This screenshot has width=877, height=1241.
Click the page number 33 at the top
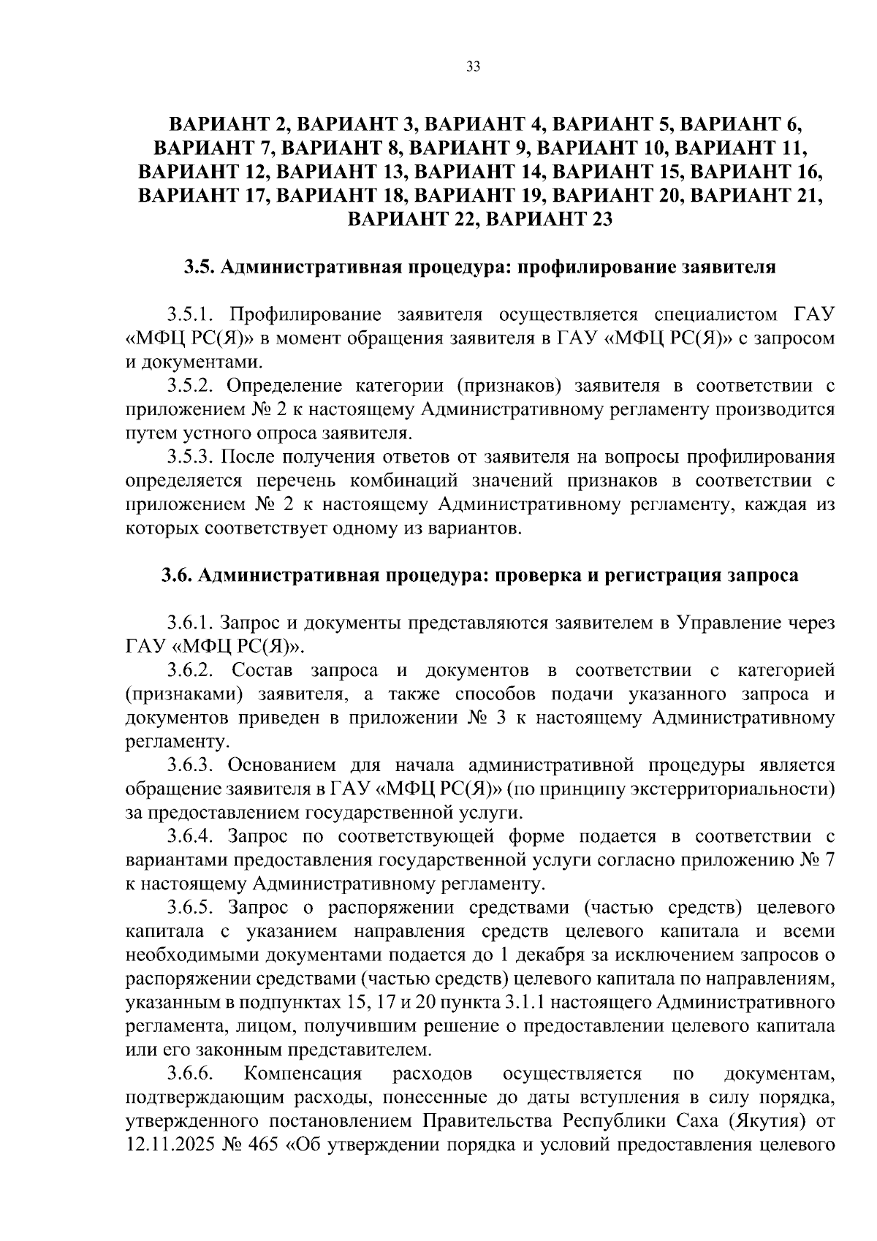pyautogui.click(x=473, y=68)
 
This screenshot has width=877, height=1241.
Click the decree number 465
pyautogui.click(x=265, y=1146)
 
